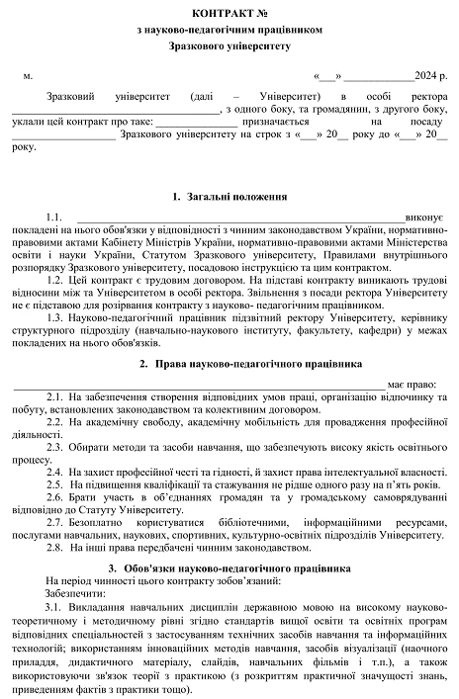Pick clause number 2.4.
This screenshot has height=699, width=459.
coord(56,472)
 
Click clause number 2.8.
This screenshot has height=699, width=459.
coord(56,546)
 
